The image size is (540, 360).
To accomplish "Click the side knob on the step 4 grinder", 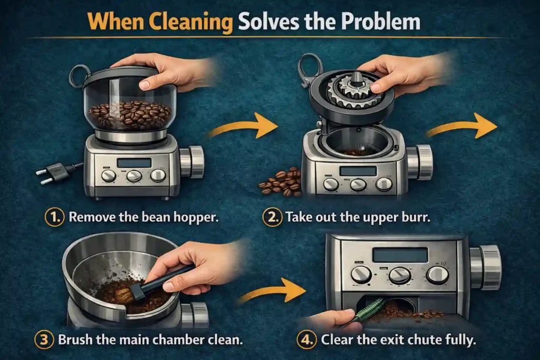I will click(486, 267).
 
